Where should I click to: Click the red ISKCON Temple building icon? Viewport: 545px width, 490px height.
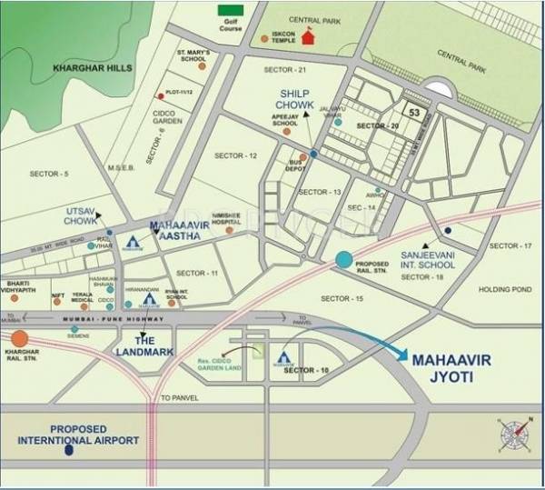pyautogui.click(x=308, y=37)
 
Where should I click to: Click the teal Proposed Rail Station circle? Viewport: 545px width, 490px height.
pyautogui.click(x=343, y=260)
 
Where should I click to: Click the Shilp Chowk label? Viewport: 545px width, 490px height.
pyautogui.click(x=295, y=100)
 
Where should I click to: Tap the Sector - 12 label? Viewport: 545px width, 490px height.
pyautogui.click(x=235, y=156)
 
